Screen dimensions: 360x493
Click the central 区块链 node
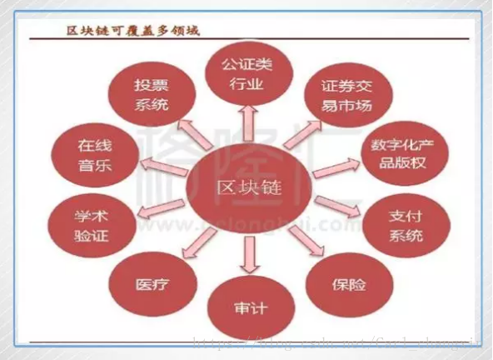coord(248,188)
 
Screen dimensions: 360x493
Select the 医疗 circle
coord(153,284)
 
